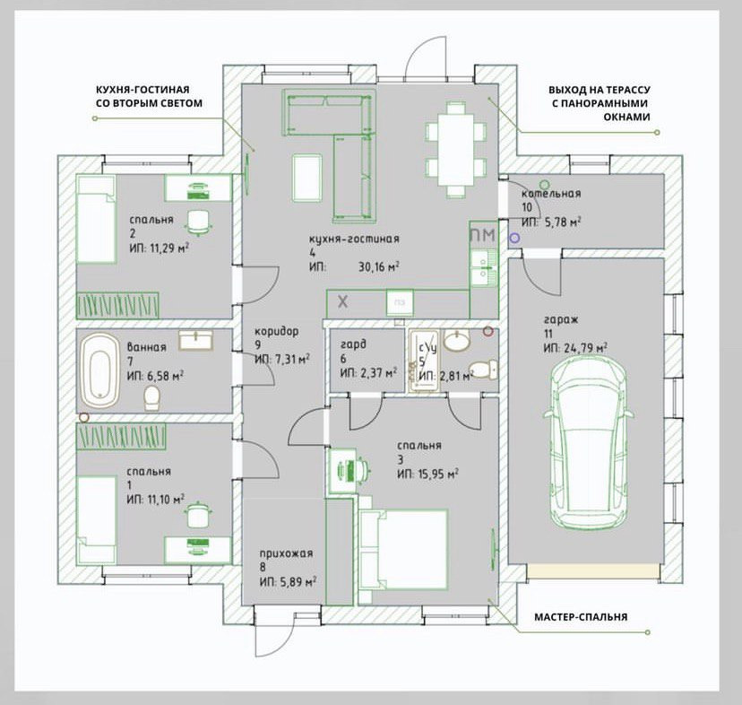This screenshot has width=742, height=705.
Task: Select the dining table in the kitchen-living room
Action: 455,149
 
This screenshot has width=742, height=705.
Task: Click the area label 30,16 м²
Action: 378,266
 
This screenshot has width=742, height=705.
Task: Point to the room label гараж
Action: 561,320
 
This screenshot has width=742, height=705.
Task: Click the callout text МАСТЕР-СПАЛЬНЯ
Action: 581,617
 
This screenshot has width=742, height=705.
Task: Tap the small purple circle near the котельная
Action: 514,238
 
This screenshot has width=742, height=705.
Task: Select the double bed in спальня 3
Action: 403,549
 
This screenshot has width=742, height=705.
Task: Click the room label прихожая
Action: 286,553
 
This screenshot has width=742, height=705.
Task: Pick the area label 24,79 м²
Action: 586,348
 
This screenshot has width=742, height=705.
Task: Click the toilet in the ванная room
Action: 152,398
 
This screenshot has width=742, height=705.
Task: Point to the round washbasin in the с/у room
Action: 457,341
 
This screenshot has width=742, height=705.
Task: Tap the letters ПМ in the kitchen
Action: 483,235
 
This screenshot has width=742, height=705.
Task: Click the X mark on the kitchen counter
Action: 342,301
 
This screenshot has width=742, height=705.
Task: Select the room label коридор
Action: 277,331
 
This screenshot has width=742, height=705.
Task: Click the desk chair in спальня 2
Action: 198,222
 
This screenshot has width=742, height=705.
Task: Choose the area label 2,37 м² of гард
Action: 376,373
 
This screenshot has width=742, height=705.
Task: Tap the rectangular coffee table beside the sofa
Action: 307,178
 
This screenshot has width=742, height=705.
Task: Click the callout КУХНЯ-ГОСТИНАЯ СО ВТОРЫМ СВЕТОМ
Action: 149,96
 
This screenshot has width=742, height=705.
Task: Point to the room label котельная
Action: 551,194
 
